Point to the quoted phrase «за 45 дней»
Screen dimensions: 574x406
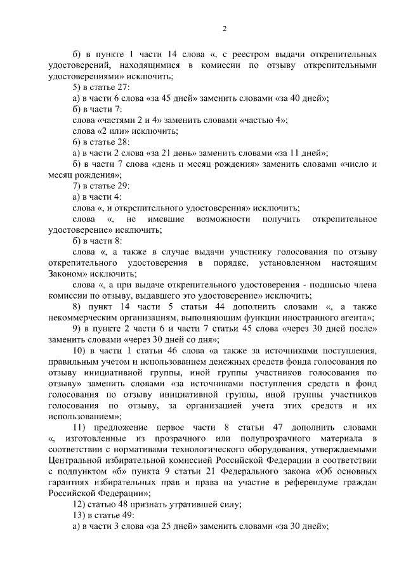pyautogui.click(x=173, y=98)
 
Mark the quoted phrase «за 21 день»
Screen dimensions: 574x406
pyautogui.click(x=173, y=153)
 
